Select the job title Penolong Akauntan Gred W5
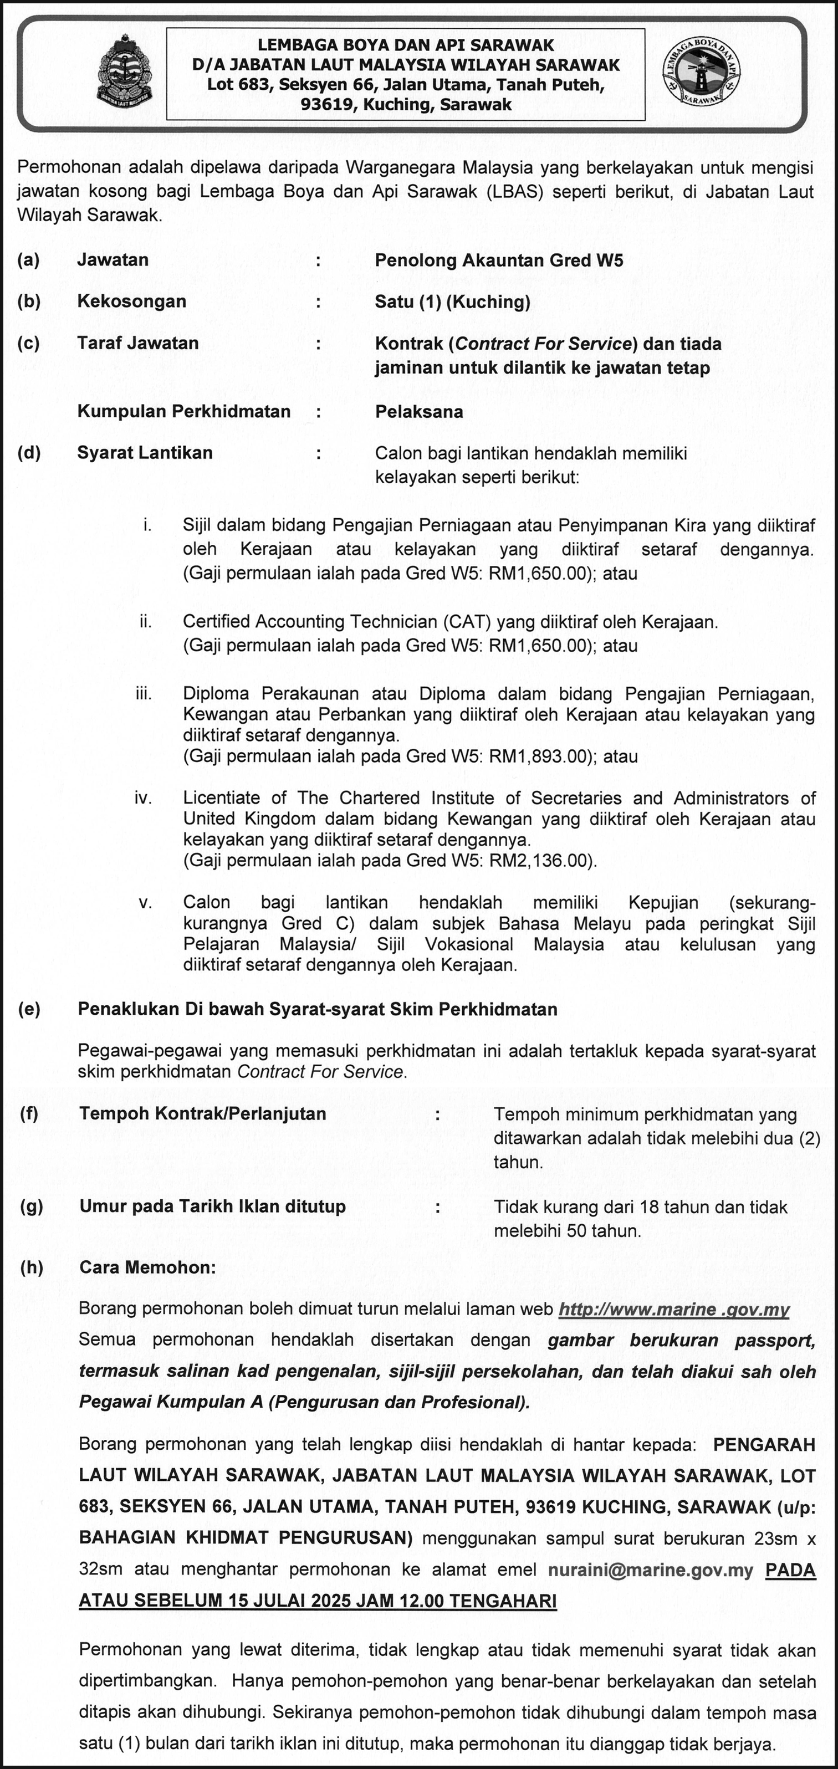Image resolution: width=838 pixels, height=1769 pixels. point(499,260)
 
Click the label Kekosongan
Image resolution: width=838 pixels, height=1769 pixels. point(132,301)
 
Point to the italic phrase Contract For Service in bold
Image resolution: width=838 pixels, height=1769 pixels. point(543,344)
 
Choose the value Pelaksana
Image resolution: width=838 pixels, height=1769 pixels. point(419,412)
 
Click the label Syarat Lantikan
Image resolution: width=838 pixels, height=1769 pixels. point(145,453)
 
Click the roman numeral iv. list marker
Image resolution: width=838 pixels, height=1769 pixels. point(143,798)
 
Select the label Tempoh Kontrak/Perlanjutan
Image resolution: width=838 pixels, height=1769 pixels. point(203,1114)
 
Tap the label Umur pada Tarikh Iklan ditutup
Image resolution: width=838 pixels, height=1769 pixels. point(212,1206)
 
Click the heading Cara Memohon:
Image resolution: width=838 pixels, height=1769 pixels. point(147,1267)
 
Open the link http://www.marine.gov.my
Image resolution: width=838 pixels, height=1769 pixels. point(674,1310)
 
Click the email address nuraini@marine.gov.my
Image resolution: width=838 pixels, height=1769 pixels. point(651,1571)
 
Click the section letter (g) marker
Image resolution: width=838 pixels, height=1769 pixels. point(31,1206)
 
